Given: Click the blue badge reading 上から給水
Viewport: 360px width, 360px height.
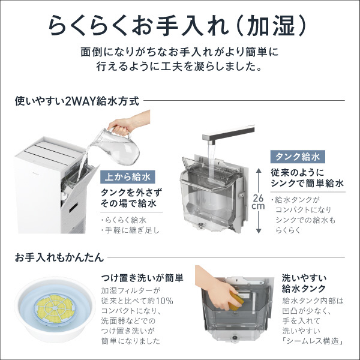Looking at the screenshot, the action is [128, 177].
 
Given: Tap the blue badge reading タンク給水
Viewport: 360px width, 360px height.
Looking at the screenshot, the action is [298, 157].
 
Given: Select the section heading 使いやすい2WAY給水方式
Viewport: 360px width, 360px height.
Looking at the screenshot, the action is [77, 101].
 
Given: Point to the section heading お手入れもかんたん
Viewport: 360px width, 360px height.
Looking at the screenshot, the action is [59, 257].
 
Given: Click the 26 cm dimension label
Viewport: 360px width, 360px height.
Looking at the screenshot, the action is [259, 202].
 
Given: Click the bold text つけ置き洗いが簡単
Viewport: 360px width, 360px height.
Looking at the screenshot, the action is [142, 278].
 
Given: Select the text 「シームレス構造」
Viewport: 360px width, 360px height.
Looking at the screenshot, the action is [313, 341].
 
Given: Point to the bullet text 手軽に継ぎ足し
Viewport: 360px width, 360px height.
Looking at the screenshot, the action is [132, 230].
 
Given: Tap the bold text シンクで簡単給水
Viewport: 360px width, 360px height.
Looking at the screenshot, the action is [307, 183].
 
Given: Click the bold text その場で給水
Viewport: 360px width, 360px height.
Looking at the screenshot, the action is [128, 203].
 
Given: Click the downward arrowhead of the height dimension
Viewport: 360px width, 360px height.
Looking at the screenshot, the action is [259, 231].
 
